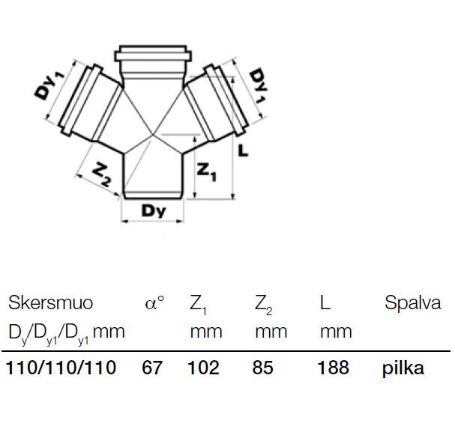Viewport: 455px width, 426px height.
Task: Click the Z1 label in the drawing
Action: coord(206,172)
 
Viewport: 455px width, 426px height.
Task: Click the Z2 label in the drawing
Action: coord(102,175)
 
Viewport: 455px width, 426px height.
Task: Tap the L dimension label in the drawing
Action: coord(243,150)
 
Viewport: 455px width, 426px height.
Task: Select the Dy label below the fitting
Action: coord(154,210)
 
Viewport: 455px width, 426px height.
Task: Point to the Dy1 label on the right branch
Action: coord(258,85)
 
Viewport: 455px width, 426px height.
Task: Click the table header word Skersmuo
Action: coord(50,302)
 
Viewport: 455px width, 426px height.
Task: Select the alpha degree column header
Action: coord(154,302)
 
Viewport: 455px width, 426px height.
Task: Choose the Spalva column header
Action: coord(412,303)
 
